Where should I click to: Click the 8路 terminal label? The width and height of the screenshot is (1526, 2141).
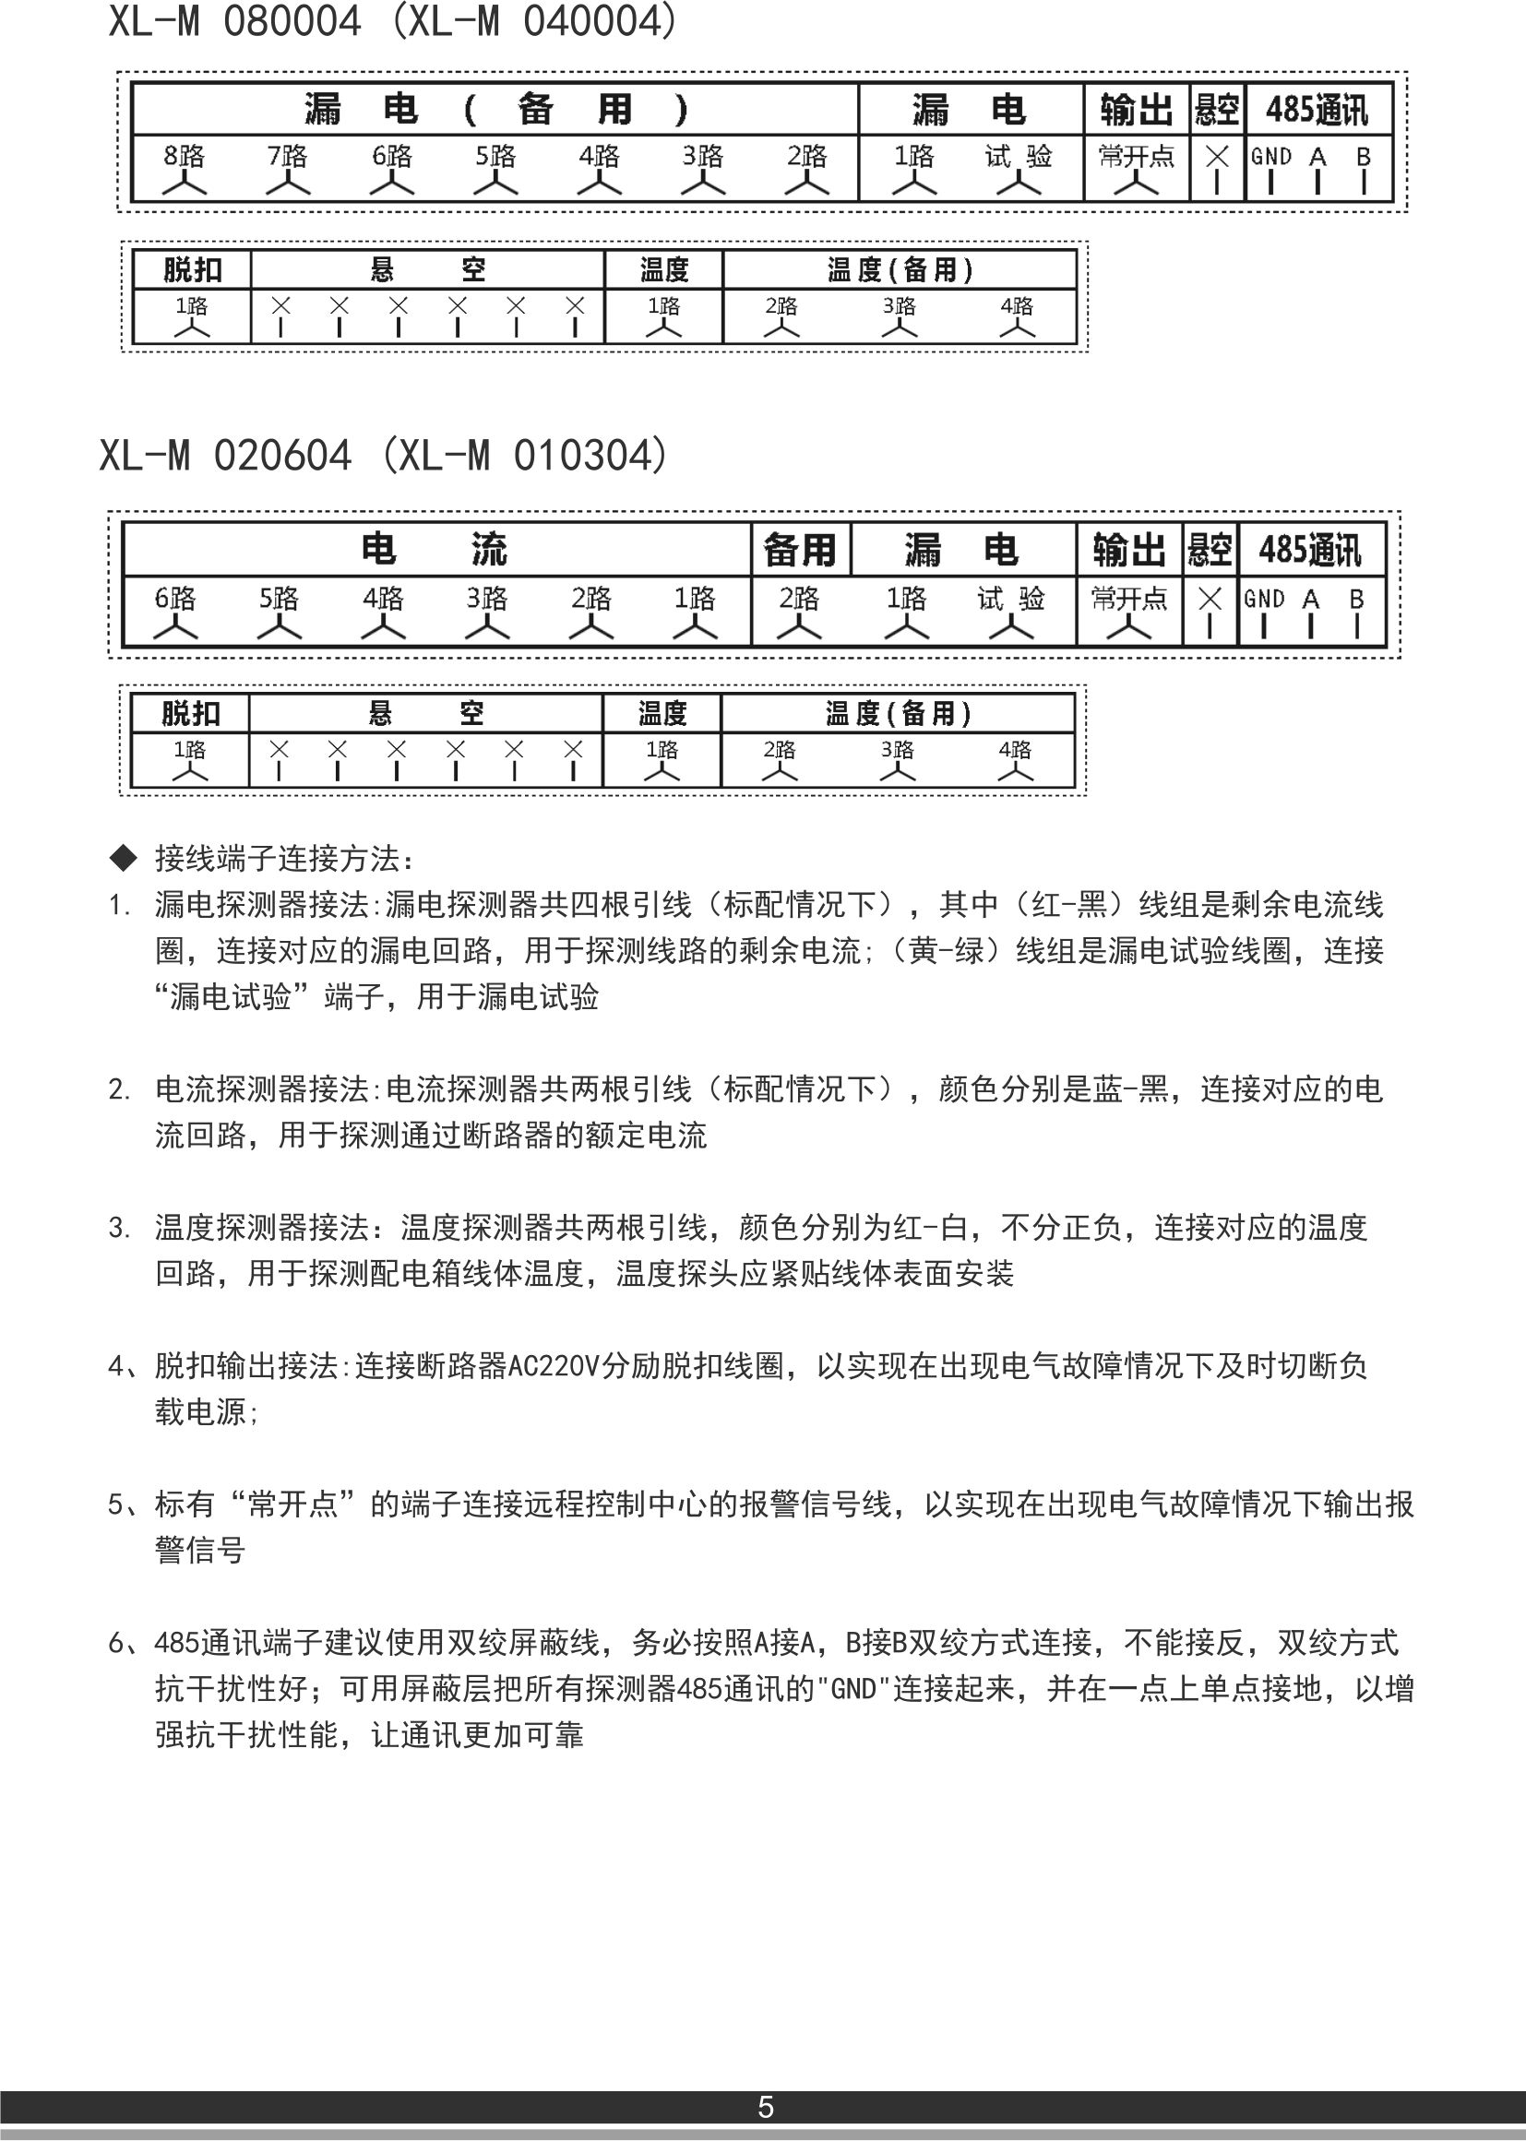(185, 156)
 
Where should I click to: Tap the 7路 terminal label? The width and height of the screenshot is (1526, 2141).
(288, 156)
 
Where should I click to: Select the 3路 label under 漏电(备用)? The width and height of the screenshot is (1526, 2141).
(703, 156)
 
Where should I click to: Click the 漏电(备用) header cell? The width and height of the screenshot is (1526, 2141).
(495, 109)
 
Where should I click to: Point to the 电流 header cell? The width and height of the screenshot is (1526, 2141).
(435, 549)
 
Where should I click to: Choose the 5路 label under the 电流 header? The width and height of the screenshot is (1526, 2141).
(279, 599)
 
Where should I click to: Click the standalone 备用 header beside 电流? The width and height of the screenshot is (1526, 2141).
(800, 550)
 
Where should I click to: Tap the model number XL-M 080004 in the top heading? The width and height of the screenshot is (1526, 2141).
(235, 20)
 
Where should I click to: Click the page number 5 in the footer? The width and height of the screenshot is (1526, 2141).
(765, 2107)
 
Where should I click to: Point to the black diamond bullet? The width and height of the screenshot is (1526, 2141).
(123, 857)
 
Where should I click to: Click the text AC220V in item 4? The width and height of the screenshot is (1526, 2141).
(554, 1366)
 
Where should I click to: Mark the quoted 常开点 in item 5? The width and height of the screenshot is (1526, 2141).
(292, 1505)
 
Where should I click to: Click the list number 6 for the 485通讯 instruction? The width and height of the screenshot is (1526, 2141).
(116, 1643)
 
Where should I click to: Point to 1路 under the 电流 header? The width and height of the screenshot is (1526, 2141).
(696, 599)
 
